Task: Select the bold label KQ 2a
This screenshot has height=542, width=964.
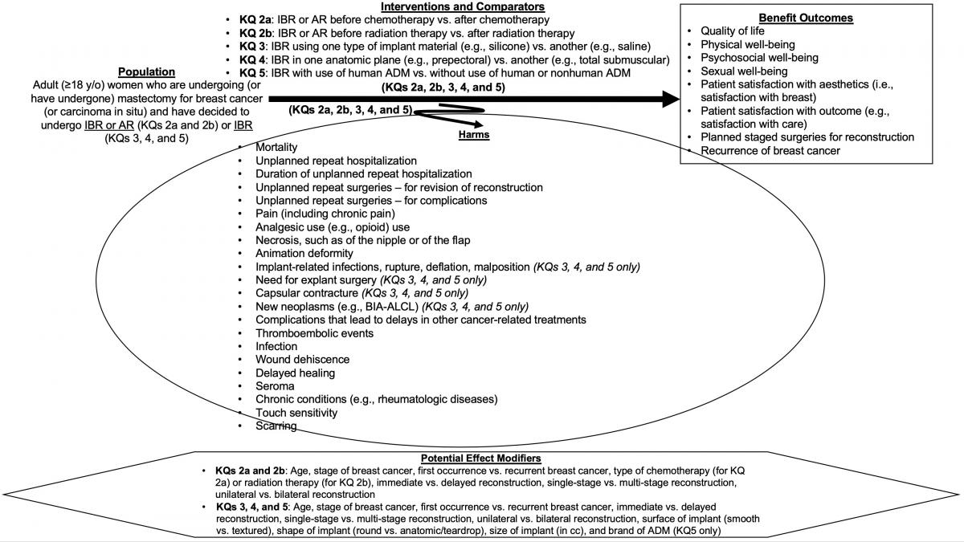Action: [x=256, y=19]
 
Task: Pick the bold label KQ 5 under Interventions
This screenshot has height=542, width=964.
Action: [x=253, y=73]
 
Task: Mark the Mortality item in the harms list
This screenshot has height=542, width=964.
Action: [x=276, y=148]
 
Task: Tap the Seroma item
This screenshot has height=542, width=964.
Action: [x=275, y=386]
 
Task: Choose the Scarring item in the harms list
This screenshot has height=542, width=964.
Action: [x=276, y=426]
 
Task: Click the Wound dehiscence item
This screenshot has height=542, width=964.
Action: [x=302, y=359]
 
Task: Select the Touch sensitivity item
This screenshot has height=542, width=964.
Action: [x=296, y=413]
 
